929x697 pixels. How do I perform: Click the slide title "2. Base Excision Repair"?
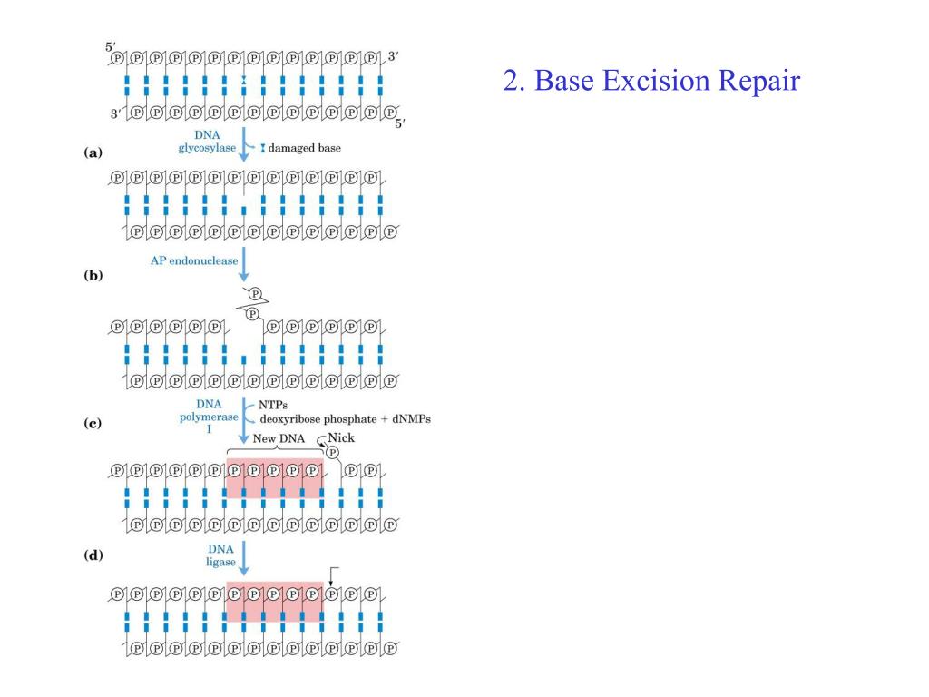click(x=651, y=82)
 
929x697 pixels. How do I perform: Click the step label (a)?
click(x=93, y=154)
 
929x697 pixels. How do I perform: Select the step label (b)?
click(x=93, y=275)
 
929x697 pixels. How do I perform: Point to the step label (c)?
click(x=93, y=423)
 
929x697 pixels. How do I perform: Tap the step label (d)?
click(x=93, y=555)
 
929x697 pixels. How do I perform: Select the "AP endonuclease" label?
click(x=194, y=260)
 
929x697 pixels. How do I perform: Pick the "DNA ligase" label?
click(x=221, y=555)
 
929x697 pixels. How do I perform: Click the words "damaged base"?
click(x=305, y=148)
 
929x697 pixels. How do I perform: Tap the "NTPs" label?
click(x=274, y=405)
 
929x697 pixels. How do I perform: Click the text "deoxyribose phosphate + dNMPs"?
click(x=345, y=419)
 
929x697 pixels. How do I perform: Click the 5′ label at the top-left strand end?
click(x=111, y=45)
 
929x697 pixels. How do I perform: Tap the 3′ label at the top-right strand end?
click(x=393, y=56)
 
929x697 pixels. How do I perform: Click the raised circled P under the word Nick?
click(x=332, y=452)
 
